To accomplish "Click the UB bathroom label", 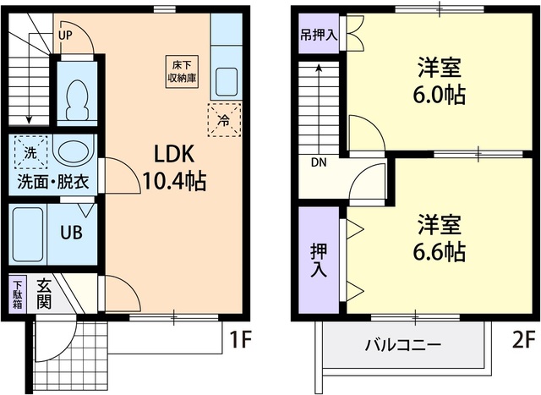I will coord(70,232).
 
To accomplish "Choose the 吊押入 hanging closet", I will coord(318,37).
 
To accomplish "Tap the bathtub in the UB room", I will coord(30,232).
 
